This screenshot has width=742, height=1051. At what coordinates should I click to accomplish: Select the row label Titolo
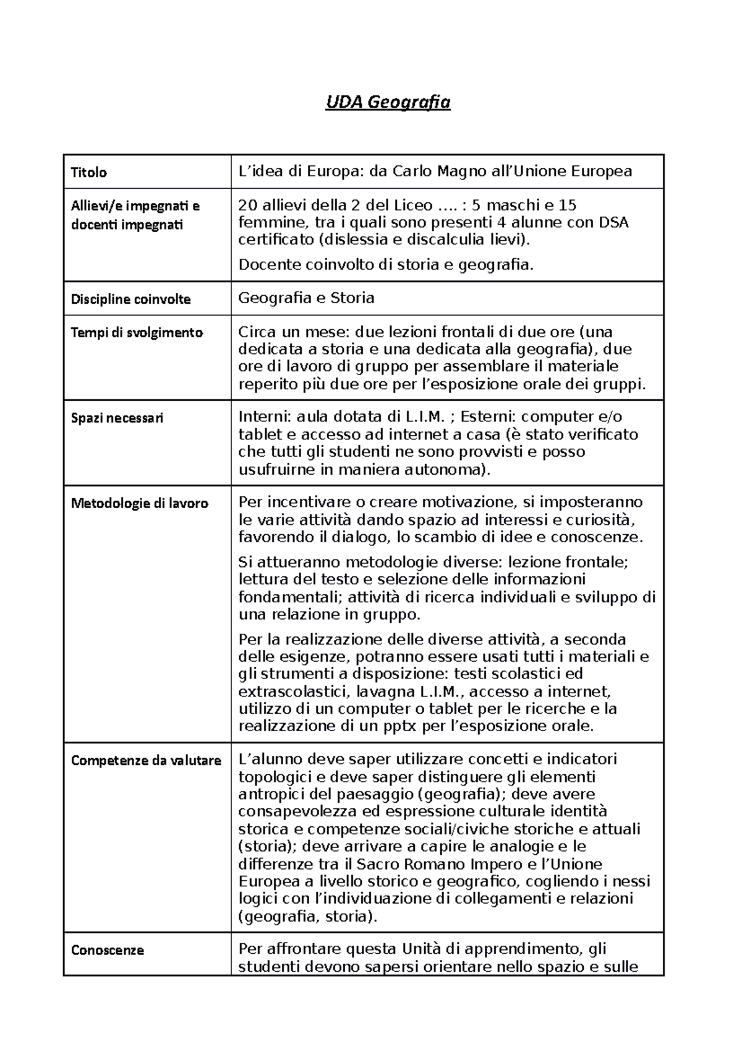[x=89, y=173]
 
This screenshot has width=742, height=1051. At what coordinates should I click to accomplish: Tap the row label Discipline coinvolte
[x=130, y=300]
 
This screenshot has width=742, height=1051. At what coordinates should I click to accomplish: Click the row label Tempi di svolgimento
[x=137, y=332]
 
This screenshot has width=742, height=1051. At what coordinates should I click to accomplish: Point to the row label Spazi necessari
[x=117, y=418]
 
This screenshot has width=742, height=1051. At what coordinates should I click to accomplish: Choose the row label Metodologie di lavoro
[x=139, y=503]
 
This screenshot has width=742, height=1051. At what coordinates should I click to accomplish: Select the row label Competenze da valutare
[x=146, y=761]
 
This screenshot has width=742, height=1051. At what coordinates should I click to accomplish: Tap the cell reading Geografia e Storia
[x=306, y=298]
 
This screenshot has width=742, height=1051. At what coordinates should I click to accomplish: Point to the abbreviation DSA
[x=613, y=222]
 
